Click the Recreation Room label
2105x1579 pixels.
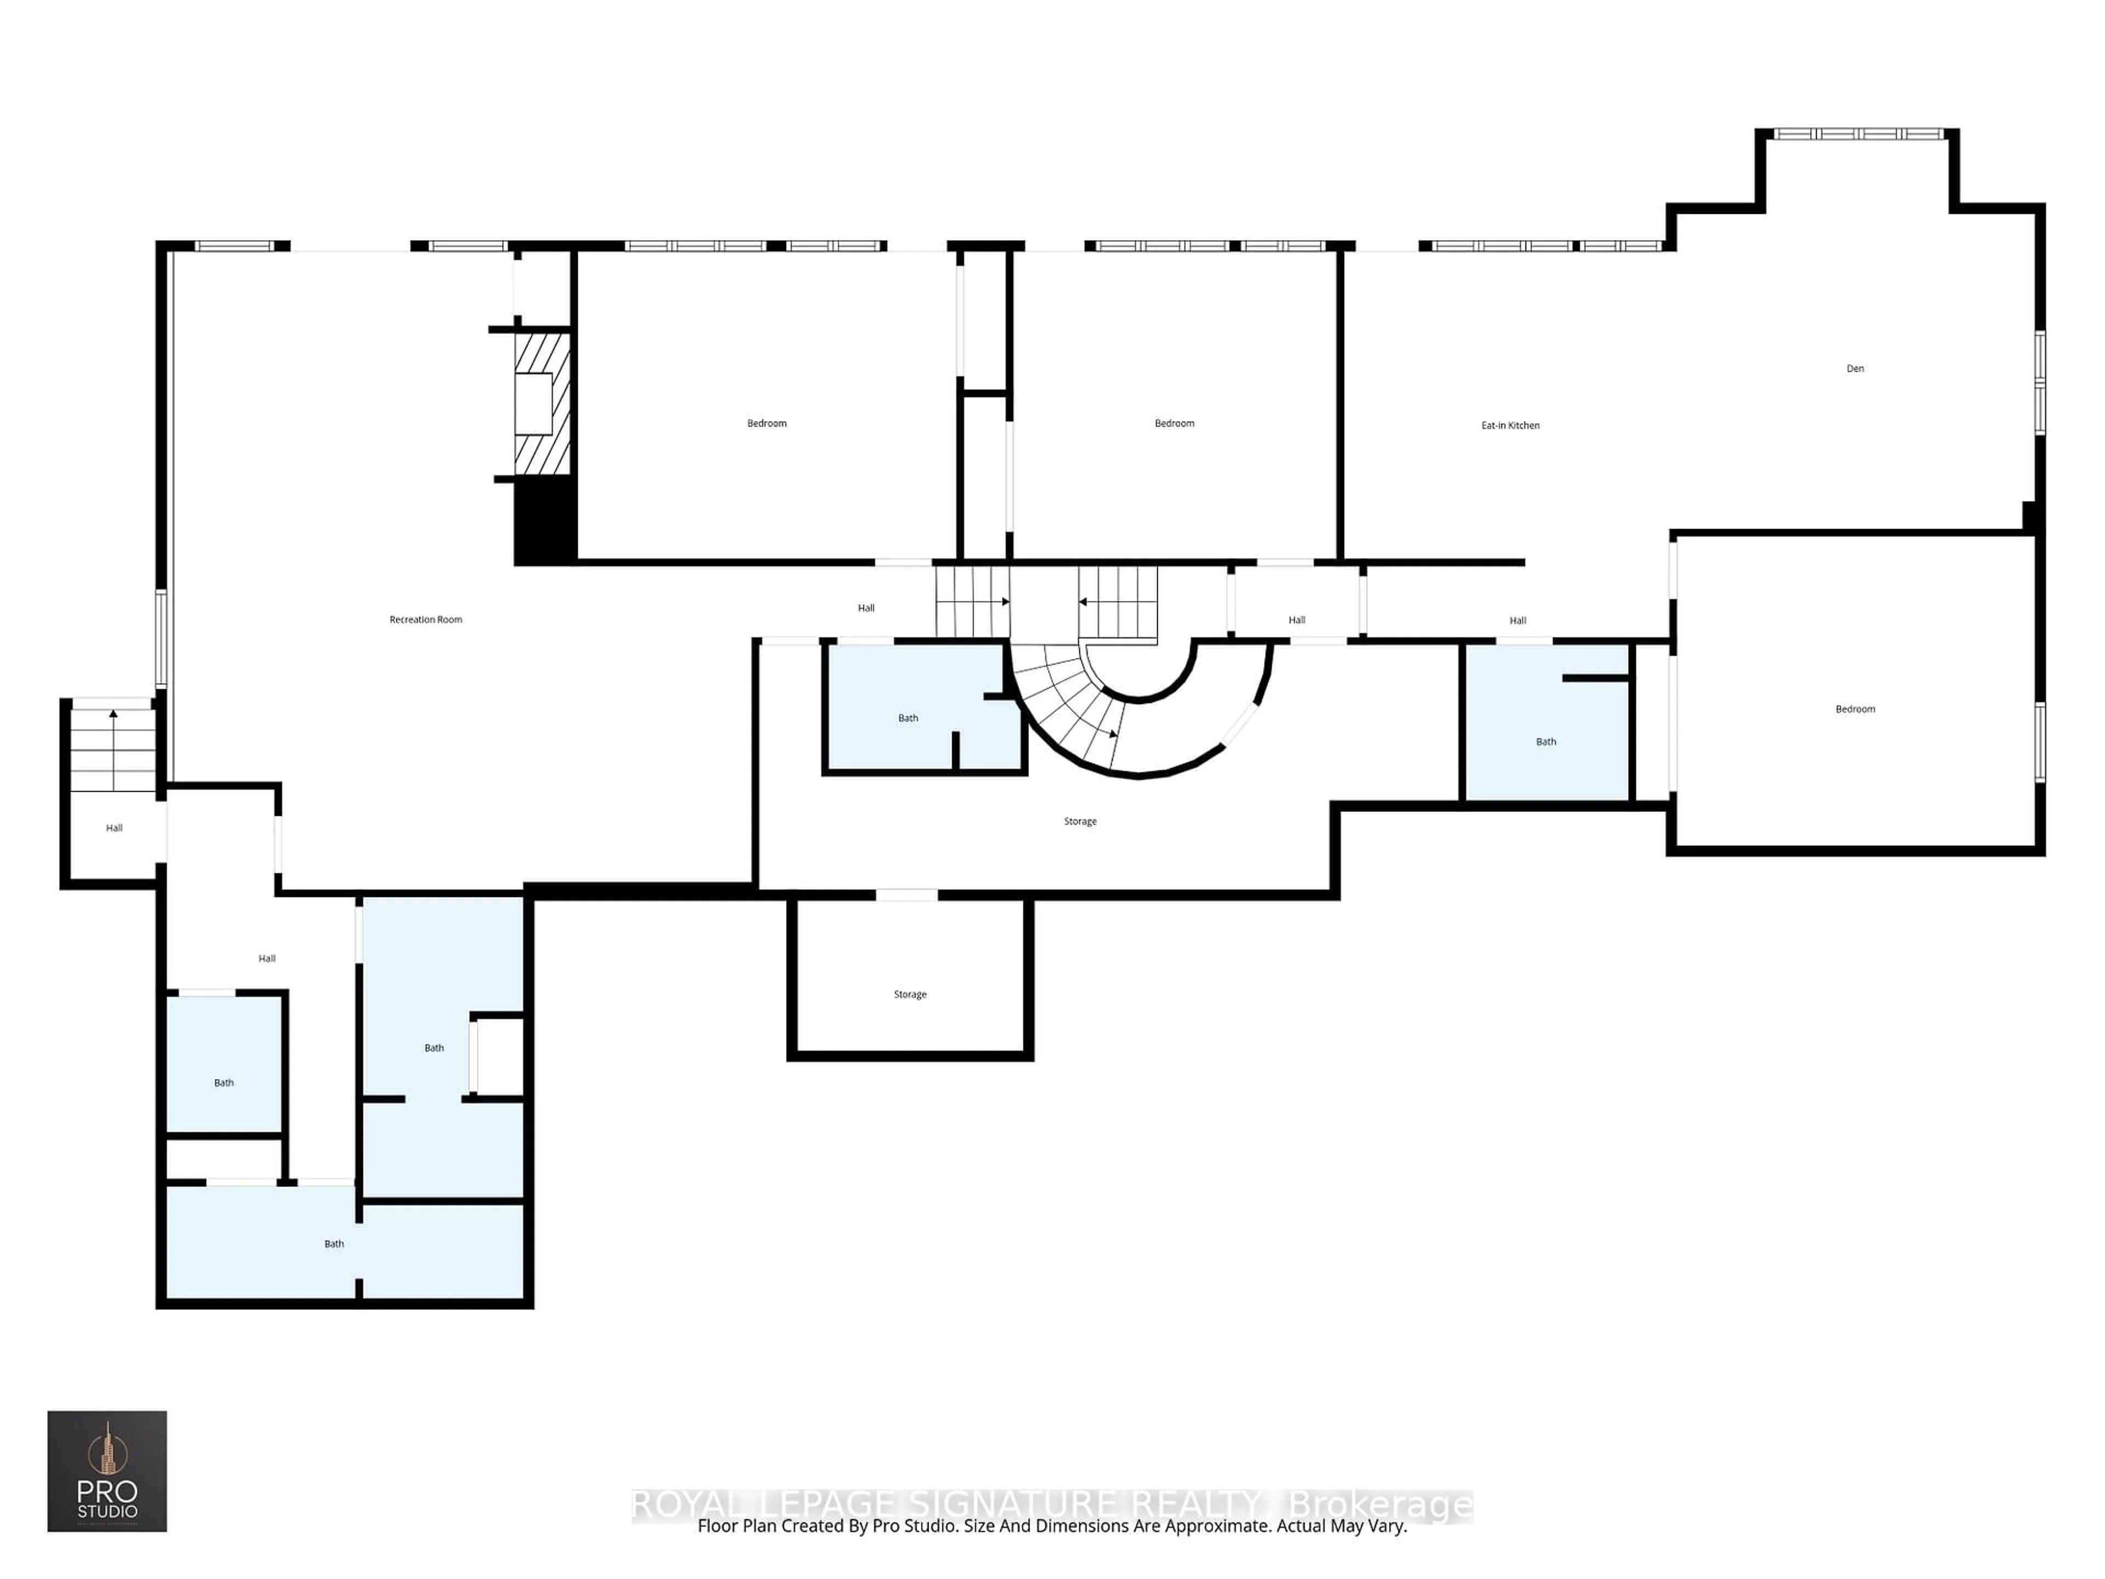425,620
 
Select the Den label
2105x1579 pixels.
1854,368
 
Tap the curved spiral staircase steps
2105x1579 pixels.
1071,705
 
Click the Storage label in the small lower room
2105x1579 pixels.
910,995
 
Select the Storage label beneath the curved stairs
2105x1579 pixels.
1080,821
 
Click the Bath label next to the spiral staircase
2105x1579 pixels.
908,719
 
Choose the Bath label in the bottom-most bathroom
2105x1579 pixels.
334,1244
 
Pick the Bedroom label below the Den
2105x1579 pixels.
1854,709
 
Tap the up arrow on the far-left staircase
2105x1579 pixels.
113,714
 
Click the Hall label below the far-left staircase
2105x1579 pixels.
114,828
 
